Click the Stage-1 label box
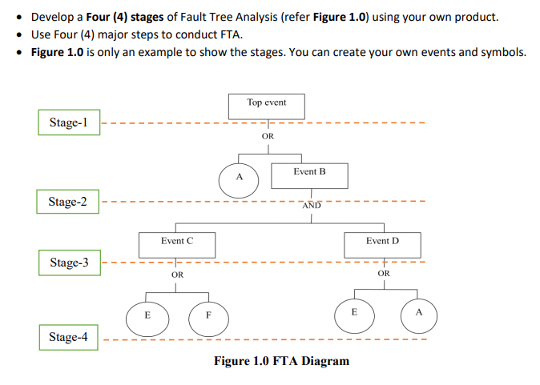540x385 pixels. coord(68,123)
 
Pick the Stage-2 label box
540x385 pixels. coord(68,202)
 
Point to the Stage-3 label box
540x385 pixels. coord(69,263)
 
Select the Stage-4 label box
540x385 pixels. coord(68,337)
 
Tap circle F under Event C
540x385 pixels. coord(208,317)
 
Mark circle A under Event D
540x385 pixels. coord(417,313)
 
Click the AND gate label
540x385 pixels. coord(312,206)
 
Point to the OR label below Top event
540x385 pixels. coord(268,137)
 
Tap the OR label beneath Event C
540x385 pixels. coord(178,275)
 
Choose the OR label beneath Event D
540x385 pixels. coord(383,274)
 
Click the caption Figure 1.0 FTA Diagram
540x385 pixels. coord(281,361)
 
